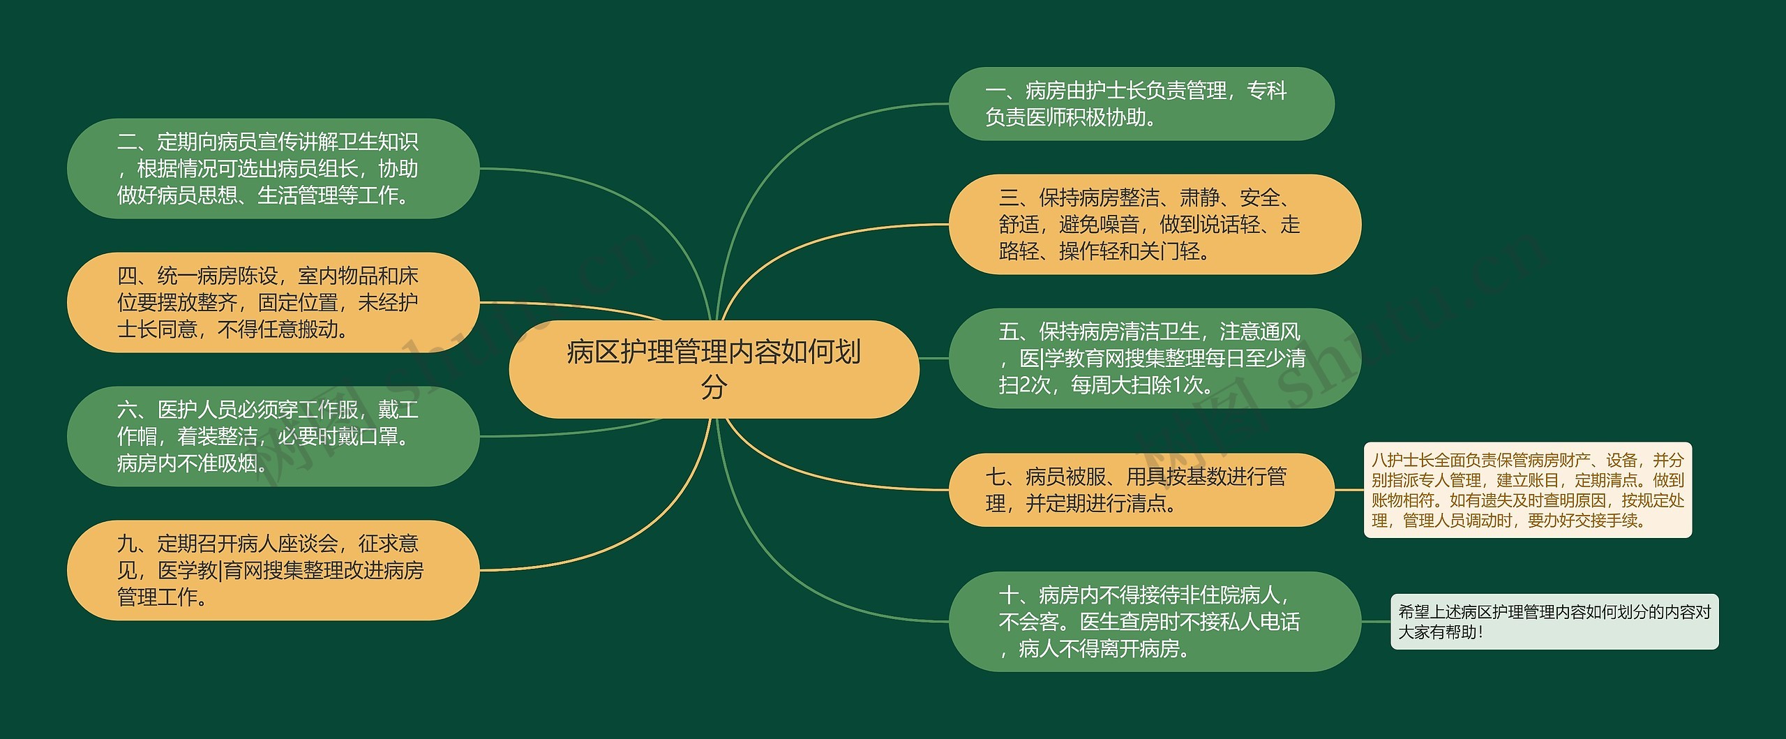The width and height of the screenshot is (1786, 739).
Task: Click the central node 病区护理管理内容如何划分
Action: tap(714, 369)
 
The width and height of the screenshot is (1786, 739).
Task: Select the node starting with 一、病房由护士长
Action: tap(1141, 104)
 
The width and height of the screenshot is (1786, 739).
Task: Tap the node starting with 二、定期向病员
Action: tap(273, 169)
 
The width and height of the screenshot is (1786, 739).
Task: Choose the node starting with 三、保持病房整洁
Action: tap(1154, 224)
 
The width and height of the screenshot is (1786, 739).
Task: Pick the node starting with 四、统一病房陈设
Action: tap(273, 302)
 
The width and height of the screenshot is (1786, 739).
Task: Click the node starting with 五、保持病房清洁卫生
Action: tap(1154, 358)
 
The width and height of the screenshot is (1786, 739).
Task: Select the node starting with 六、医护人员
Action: tap(273, 436)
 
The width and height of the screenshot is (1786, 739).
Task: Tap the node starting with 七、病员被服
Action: tap(1141, 490)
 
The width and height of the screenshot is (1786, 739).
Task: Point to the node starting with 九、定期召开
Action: tap(273, 570)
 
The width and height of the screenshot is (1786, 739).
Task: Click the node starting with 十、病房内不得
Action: tap(1154, 622)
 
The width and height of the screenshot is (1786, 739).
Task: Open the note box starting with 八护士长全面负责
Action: tap(1527, 490)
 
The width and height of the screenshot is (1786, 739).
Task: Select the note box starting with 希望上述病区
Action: tap(1554, 622)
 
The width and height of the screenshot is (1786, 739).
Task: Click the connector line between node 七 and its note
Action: tap(1349, 490)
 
